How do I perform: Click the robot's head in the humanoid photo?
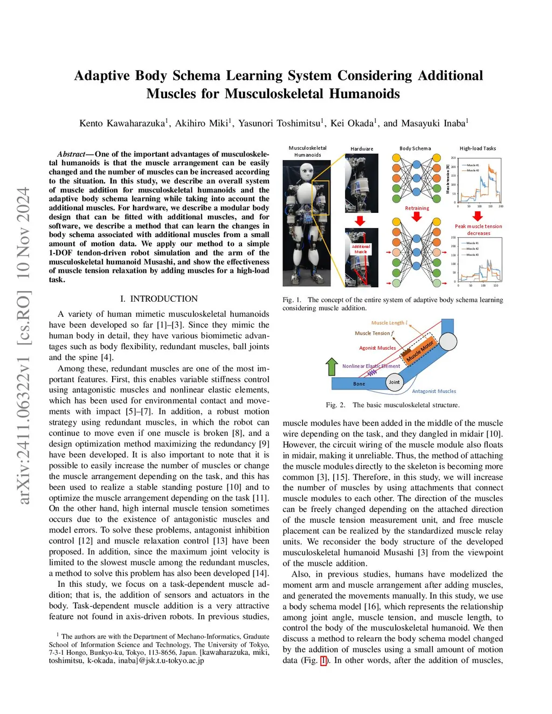point(307,171)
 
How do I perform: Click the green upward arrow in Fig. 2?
point(332,366)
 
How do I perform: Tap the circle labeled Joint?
point(395,382)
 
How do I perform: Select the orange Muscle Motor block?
point(420,351)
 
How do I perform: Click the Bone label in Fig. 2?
point(359,384)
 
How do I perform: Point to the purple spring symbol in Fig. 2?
point(371,373)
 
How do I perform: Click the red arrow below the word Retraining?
point(416,216)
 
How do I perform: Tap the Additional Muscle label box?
point(361,249)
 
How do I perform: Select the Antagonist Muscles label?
point(434,391)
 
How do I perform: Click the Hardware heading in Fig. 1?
point(362,149)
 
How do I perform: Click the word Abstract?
point(71,154)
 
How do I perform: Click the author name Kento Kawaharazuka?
point(122,123)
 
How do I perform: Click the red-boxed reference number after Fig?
point(323,660)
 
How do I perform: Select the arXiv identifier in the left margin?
point(24,345)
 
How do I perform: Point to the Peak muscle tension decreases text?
point(478,230)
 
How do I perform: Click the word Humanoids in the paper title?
point(366,94)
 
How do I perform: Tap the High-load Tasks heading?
point(478,148)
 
